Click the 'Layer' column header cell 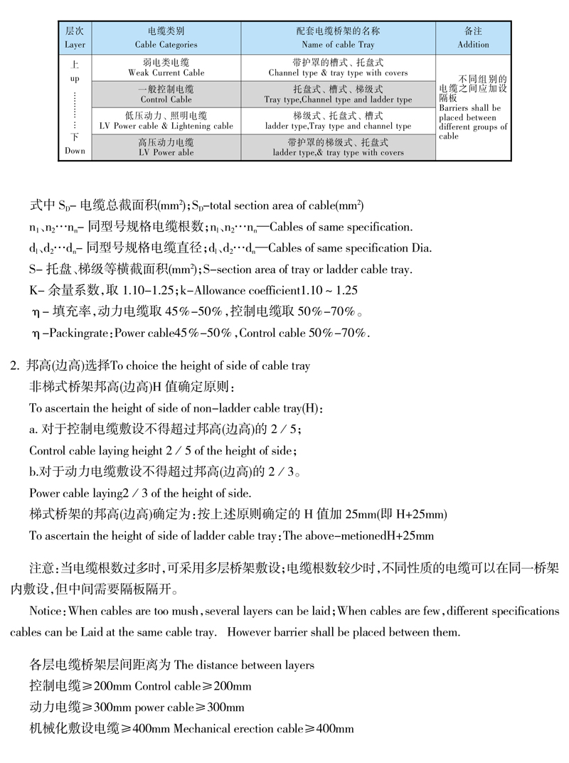coord(75,38)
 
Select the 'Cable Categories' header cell coord(166,38)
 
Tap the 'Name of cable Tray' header coord(338,38)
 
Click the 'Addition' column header coord(473,38)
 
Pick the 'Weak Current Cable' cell coord(166,68)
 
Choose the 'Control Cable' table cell coord(166,95)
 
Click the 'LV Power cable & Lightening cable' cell coord(166,121)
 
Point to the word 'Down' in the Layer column coord(75,151)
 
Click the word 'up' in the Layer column coord(75,78)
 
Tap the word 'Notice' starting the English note coord(46,611)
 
